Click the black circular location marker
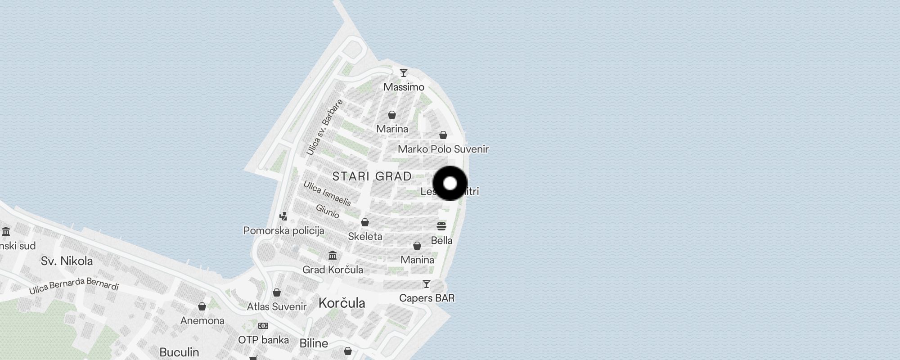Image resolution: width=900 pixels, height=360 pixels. [450, 183]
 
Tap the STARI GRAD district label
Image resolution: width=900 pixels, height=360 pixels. [372, 176]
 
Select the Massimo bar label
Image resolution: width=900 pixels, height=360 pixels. [404, 87]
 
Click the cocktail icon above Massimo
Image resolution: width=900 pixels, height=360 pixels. [404, 73]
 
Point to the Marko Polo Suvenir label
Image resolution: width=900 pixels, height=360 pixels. [443, 149]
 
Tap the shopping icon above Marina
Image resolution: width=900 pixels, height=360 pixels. [392, 115]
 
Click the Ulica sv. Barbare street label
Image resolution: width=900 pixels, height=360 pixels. [324, 127]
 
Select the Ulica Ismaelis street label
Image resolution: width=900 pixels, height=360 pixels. [327, 193]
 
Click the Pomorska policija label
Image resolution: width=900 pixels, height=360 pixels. [283, 231]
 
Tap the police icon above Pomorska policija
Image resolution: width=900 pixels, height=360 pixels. [283, 216]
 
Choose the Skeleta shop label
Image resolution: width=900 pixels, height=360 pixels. [365, 236]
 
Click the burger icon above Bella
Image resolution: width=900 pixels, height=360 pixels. [441, 226]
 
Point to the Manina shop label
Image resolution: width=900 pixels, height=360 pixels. [417, 260]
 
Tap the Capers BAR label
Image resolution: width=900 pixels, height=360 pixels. [427, 298]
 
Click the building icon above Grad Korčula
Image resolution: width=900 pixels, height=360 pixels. [333, 256]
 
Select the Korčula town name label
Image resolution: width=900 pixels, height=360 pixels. [342, 303]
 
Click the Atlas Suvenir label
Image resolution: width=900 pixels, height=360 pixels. [276, 306]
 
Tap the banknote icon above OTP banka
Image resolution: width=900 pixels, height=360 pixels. [263, 326]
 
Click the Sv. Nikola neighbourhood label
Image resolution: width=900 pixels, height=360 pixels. [67, 261]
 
